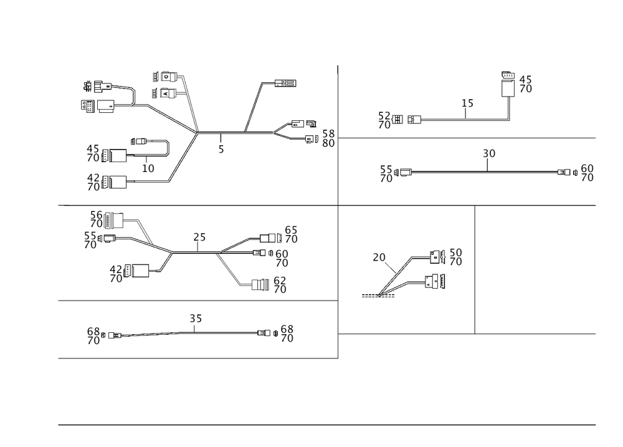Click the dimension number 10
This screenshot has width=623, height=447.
coord(148,168)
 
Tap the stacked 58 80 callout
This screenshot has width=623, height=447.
coord(328,138)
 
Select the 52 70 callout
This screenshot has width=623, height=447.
coord(384,120)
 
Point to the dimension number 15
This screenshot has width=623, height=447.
coord(467,103)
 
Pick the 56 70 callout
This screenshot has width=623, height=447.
coord(96,218)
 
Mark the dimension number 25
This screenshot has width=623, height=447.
coord(199,238)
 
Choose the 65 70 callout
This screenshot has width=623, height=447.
coord(290,234)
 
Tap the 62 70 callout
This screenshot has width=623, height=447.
coord(280,284)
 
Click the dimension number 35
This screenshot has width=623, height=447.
coord(196,319)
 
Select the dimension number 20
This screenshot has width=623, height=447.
coord(379,257)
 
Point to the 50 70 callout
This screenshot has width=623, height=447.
coord(455,257)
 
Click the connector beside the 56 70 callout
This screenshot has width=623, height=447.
coord(116,219)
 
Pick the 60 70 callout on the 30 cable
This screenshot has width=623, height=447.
coord(586,173)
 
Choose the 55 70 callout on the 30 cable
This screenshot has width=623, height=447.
coord(386,173)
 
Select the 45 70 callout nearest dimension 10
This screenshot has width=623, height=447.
coord(93,152)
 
